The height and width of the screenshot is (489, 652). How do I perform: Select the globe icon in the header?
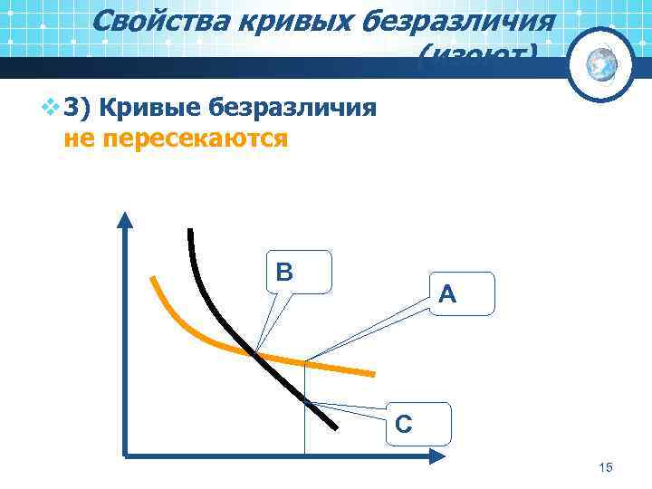coord(600,63)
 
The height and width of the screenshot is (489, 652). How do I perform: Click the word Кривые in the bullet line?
coord(150,110)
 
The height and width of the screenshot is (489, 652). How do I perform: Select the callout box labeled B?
coord(300,272)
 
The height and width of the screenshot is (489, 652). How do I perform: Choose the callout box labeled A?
coord(463,293)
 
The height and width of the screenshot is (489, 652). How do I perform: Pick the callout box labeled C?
coord(416,424)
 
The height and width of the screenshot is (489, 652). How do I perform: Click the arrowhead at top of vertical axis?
coord(125,220)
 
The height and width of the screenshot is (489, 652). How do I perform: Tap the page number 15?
coord(606,467)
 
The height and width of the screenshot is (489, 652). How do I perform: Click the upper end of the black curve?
coord(190,231)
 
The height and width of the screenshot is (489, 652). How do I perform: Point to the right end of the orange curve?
coord(372,372)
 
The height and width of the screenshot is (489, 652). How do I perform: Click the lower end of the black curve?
coord(336,427)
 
